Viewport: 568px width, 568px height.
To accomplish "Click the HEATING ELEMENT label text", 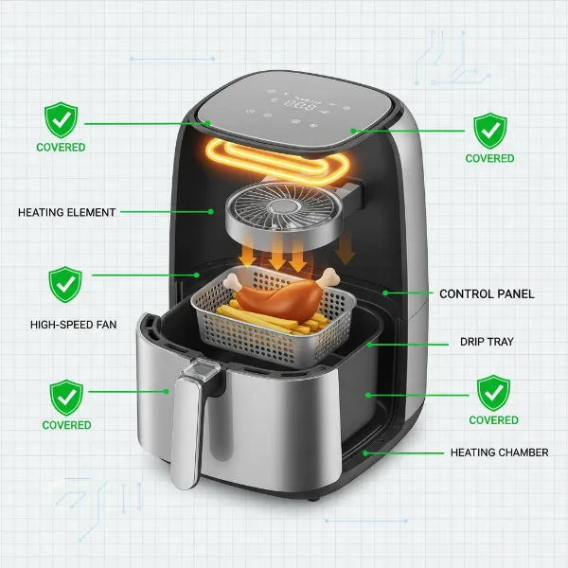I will (66, 213).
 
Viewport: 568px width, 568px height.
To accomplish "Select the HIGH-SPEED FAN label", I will (73, 325).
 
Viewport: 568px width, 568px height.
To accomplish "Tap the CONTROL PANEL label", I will (487, 294).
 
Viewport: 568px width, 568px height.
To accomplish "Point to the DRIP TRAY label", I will (487, 342).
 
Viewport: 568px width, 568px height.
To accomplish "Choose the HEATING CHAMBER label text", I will (499, 453).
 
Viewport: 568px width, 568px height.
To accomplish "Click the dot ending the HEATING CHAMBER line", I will (363, 453).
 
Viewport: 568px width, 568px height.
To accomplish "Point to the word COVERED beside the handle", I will (66, 426).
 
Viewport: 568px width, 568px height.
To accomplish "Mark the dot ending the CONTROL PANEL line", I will (384, 294).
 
